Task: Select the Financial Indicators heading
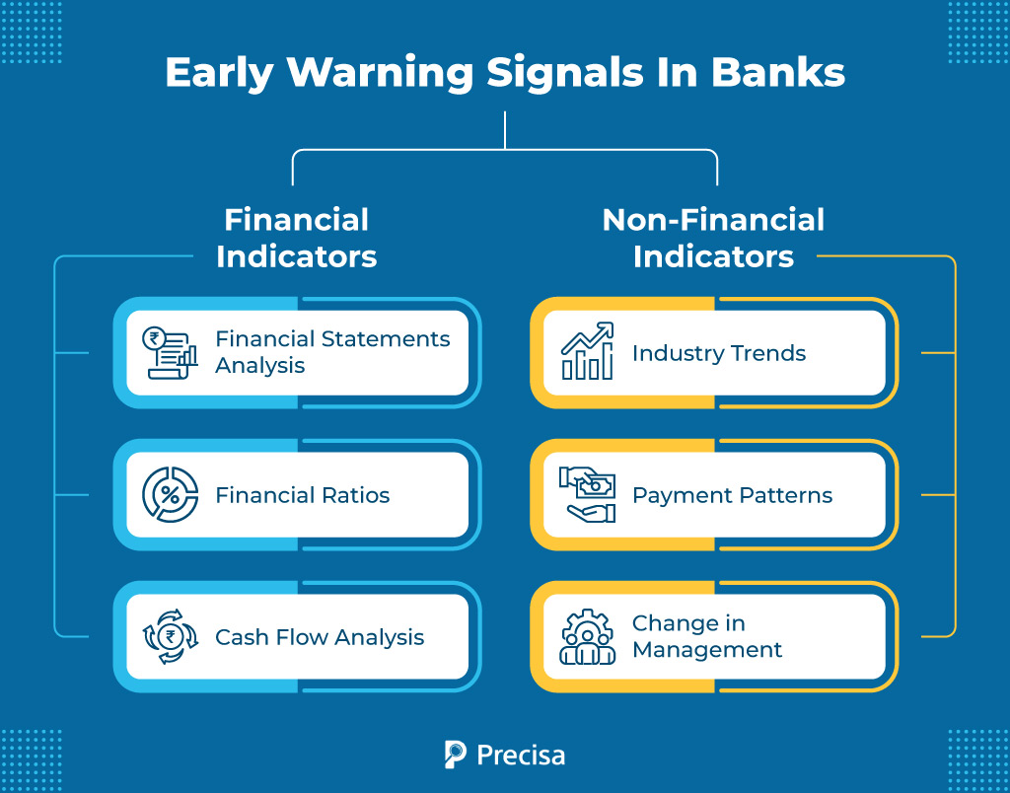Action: [x=296, y=238]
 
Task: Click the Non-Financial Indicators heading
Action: [x=713, y=238]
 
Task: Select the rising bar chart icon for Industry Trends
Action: [x=587, y=352]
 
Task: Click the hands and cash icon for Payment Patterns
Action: [x=587, y=495]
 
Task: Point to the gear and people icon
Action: [x=587, y=637]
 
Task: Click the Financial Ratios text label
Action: [x=303, y=495]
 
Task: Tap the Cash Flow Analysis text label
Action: [x=320, y=637]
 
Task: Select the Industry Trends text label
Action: [x=719, y=353]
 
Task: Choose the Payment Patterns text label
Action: [x=732, y=495]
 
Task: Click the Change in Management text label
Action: [x=707, y=637]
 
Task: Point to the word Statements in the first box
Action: [x=386, y=339]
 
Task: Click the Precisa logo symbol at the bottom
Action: [x=456, y=755]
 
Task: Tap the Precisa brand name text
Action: [x=521, y=756]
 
